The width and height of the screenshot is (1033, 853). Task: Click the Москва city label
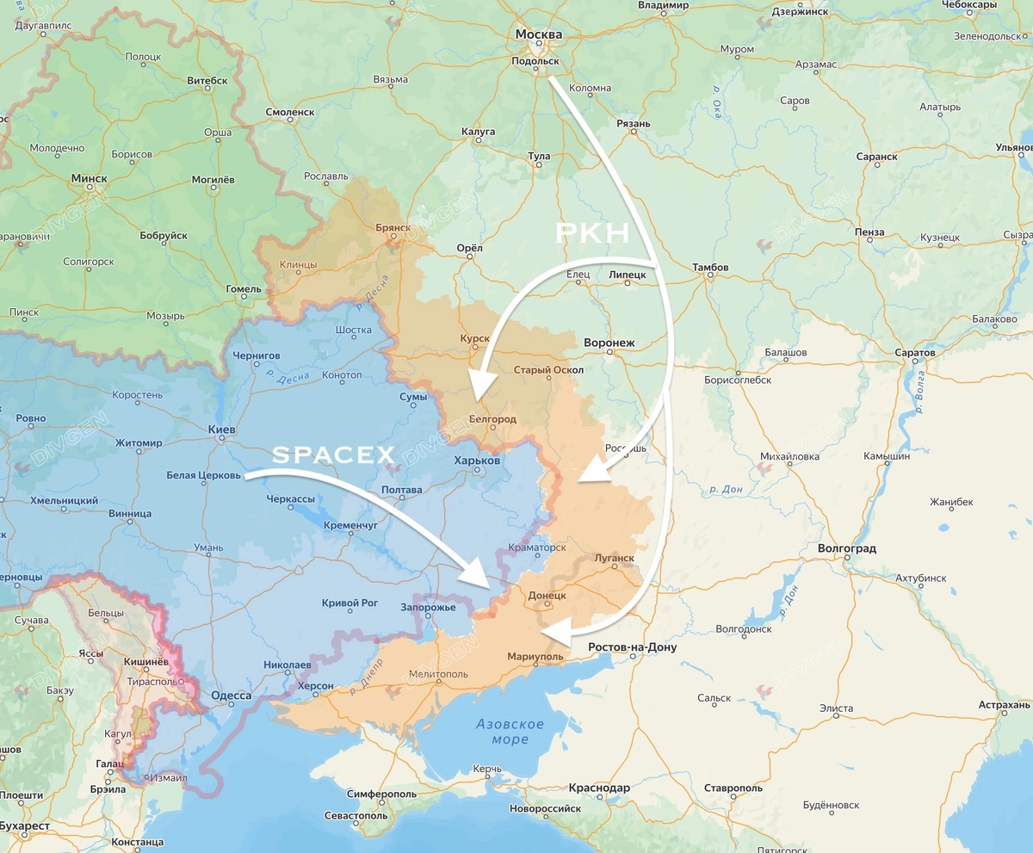[x=539, y=35]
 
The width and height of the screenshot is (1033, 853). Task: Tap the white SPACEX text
[x=334, y=455]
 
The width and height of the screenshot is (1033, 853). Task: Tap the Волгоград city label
[x=847, y=548]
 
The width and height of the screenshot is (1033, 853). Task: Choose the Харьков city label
[x=477, y=461]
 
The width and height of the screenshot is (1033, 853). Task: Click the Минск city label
[x=89, y=178]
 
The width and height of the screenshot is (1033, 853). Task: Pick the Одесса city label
[x=231, y=695]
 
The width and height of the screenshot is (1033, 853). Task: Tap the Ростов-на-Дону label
[x=632, y=647]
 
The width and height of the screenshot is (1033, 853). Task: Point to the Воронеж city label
[x=609, y=343]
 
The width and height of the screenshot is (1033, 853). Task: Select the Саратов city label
[x=914, y=353]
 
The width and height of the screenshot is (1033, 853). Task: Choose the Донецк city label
[x=547, y=595]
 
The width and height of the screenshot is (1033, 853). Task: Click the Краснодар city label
[x=599, y=788]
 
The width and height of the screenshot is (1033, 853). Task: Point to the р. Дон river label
[x=727, y=489]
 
